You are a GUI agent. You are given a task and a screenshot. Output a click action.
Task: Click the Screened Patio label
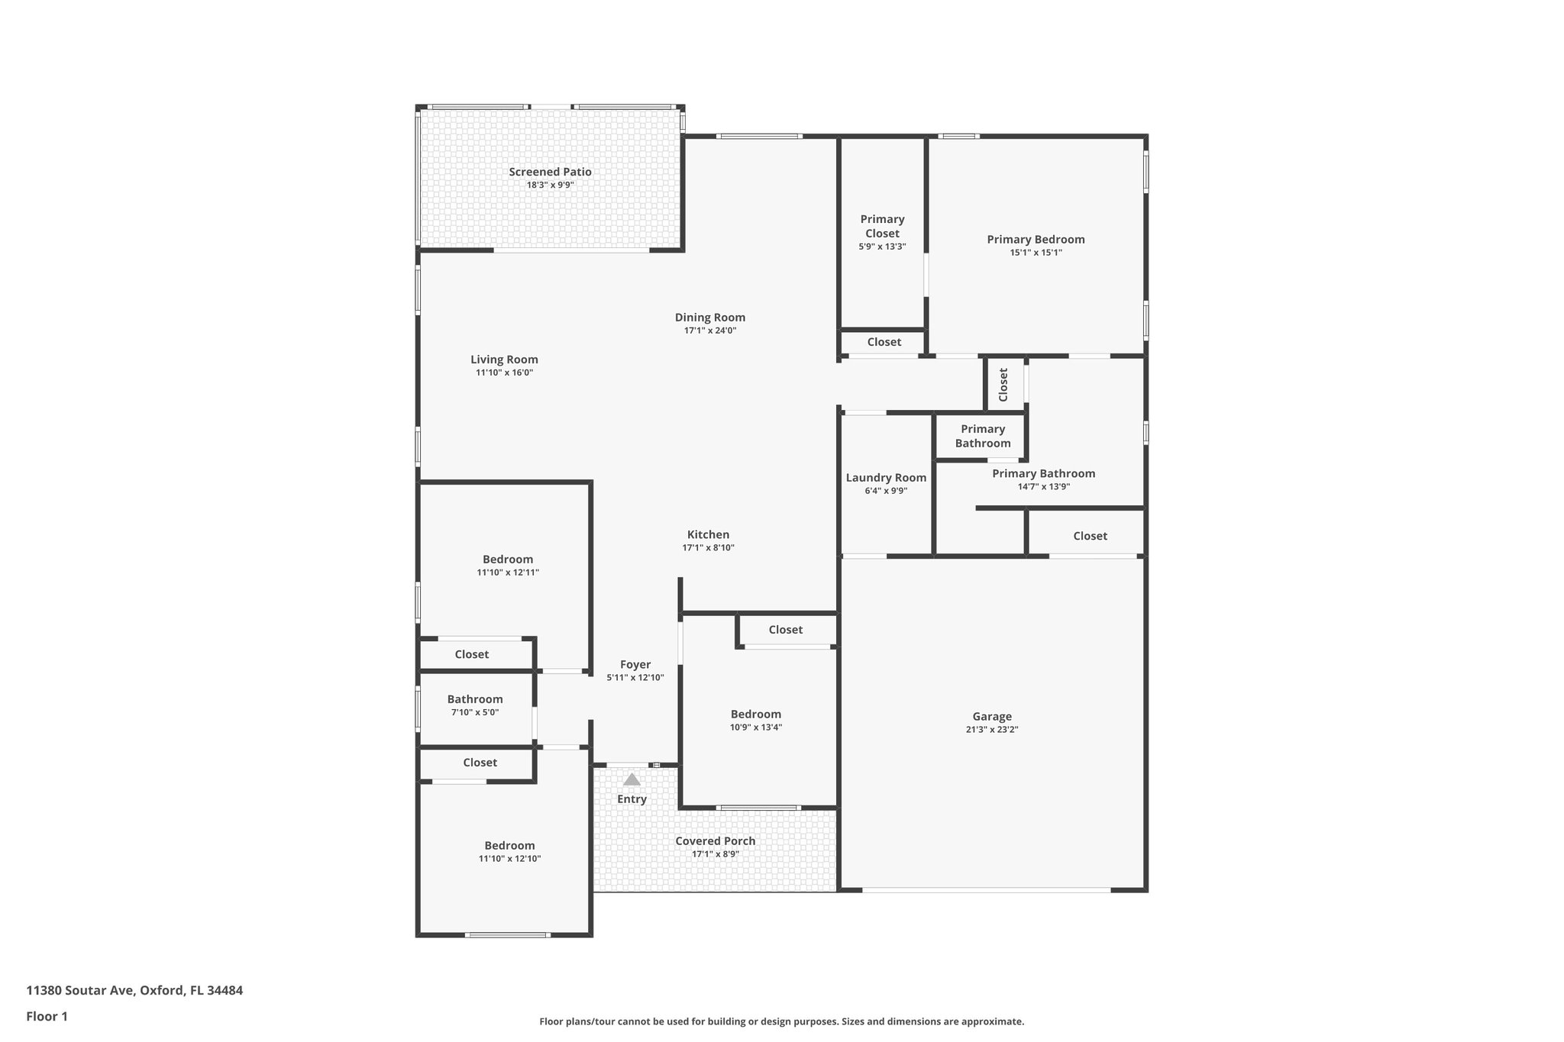pos(550,172)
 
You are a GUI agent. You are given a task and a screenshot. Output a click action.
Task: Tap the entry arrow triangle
pos(632,780)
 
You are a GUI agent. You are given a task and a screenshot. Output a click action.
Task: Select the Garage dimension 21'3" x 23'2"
pos(991,729)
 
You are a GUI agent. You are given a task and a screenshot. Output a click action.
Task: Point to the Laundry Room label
pos(886,478)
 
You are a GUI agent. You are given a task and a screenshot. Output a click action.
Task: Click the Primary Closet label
pos(882,226)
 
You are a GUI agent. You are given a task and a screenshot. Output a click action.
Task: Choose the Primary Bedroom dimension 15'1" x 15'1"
pos(1036,253)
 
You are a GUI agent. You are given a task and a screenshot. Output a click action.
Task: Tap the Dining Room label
pos(709,318)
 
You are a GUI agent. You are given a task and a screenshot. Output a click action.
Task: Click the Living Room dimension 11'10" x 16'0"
pos(504,373)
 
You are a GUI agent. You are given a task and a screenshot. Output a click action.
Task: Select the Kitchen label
pos(708,534)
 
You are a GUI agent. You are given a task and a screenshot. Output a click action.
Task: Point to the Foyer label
pos(635,664)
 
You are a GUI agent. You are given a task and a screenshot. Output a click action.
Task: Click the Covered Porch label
pos(715,840)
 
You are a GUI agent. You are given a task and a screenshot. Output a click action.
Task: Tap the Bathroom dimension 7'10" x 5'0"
pos(474,712)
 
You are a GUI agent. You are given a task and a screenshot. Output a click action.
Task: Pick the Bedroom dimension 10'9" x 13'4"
pos(755,727)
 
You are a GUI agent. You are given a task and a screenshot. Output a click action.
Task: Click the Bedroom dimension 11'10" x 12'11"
pos(508,573)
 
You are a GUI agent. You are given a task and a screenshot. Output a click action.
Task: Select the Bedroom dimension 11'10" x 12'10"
pos(509,859)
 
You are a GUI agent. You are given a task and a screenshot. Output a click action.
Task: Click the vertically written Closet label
pos(1003,384)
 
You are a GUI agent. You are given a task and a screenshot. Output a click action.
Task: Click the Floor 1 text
pos(47,1016)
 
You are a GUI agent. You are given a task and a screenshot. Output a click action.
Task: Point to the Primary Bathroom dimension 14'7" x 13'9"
pos(1043,486)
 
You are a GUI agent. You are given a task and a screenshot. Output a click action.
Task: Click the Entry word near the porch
pos(632,799)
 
